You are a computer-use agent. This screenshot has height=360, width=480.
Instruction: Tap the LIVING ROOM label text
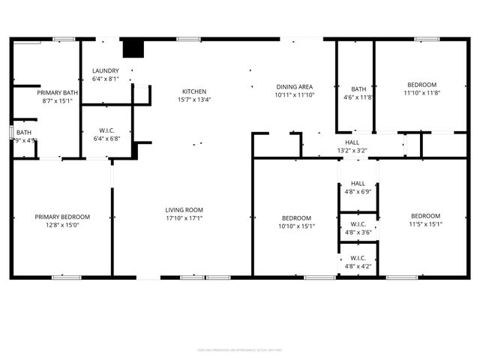184,210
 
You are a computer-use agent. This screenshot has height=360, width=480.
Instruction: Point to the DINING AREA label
294,87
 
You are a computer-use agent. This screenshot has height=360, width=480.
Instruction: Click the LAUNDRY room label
105,70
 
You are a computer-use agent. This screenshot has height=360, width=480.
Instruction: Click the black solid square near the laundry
133,48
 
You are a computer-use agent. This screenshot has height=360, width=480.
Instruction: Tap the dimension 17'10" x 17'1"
184,218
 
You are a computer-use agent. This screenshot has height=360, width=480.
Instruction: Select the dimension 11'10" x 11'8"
421,93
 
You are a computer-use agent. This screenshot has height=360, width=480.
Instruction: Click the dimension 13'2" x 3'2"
352,150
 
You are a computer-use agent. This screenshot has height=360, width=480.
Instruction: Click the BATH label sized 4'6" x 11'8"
358,88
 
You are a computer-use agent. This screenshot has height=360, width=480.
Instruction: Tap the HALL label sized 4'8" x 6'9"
358,183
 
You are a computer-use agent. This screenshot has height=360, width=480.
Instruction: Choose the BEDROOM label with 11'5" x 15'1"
426,217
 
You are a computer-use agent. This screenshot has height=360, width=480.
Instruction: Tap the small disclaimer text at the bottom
240,349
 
